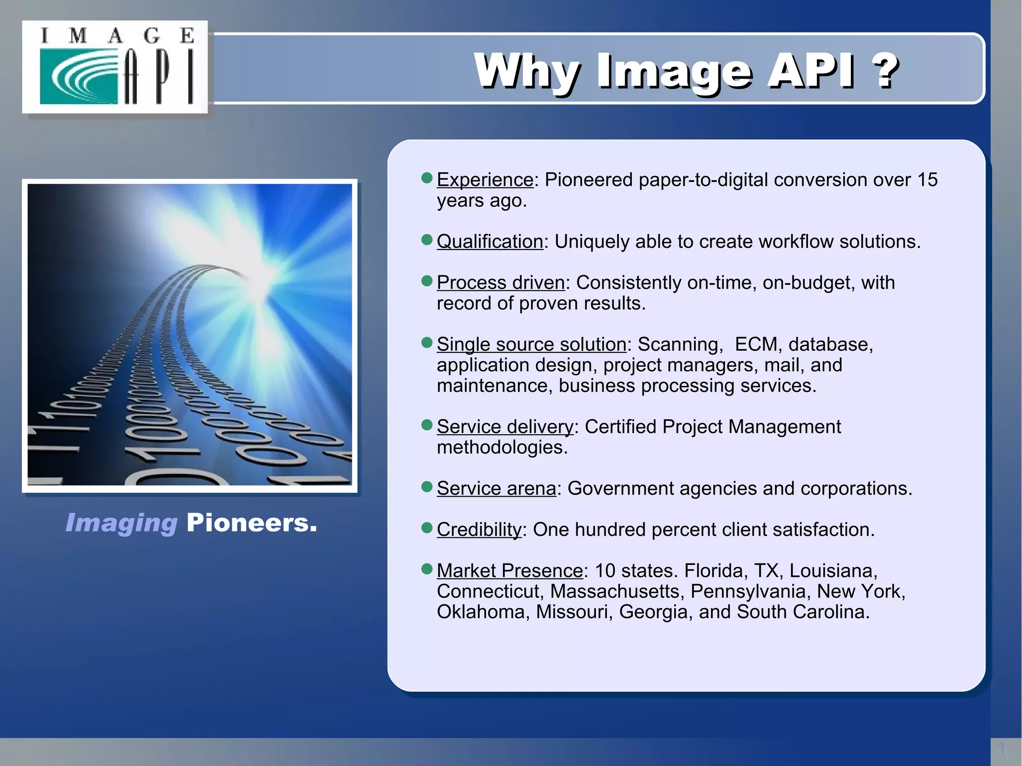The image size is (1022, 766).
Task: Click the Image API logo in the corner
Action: pyautogui.click(x=115, y=67)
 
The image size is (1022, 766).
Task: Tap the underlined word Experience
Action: pyautogui.click(x=485, y=180)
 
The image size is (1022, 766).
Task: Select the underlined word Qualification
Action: pyautogui.click(x=490, y=242)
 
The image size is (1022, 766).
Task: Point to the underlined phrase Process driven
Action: pyautogui.click(x=501, y=283)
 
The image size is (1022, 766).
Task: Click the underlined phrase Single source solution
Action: pyautogui.click(x=531, y=345)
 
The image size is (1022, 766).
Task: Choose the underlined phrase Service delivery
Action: pyautogui.click(x=505, y=427)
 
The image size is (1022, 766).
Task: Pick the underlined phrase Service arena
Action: pyautogui.click(x=496, y=489)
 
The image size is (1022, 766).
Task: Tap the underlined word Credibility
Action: pyautogui.click(x=479, y=530)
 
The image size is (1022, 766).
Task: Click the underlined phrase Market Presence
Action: pyautogui.click(x=510, y=571)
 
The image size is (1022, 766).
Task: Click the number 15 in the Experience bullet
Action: pyautogui.click(x=927, y=180)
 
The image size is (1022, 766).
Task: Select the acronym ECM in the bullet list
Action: pyautogui.click(x=756, y=345)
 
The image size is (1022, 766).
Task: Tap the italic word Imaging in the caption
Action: pyautogui.click(x=121, y=523)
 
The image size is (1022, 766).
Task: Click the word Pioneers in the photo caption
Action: pyautogui.click(x=252, y=523)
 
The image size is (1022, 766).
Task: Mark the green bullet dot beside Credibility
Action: pyautogui.click(x=427, y=528)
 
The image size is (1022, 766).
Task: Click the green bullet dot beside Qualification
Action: pyautogui.click(x=427, y=240)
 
